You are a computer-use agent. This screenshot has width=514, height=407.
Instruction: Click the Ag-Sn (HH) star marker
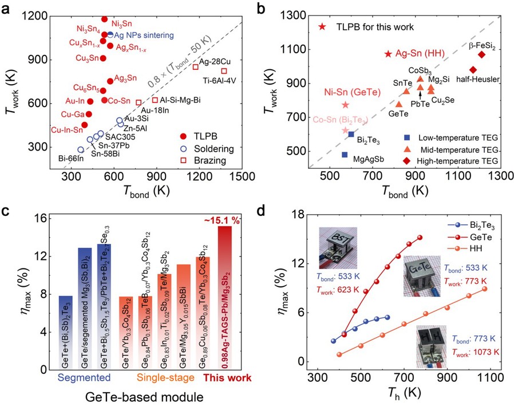388,54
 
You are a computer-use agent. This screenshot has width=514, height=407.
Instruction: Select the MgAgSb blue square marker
345,155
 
